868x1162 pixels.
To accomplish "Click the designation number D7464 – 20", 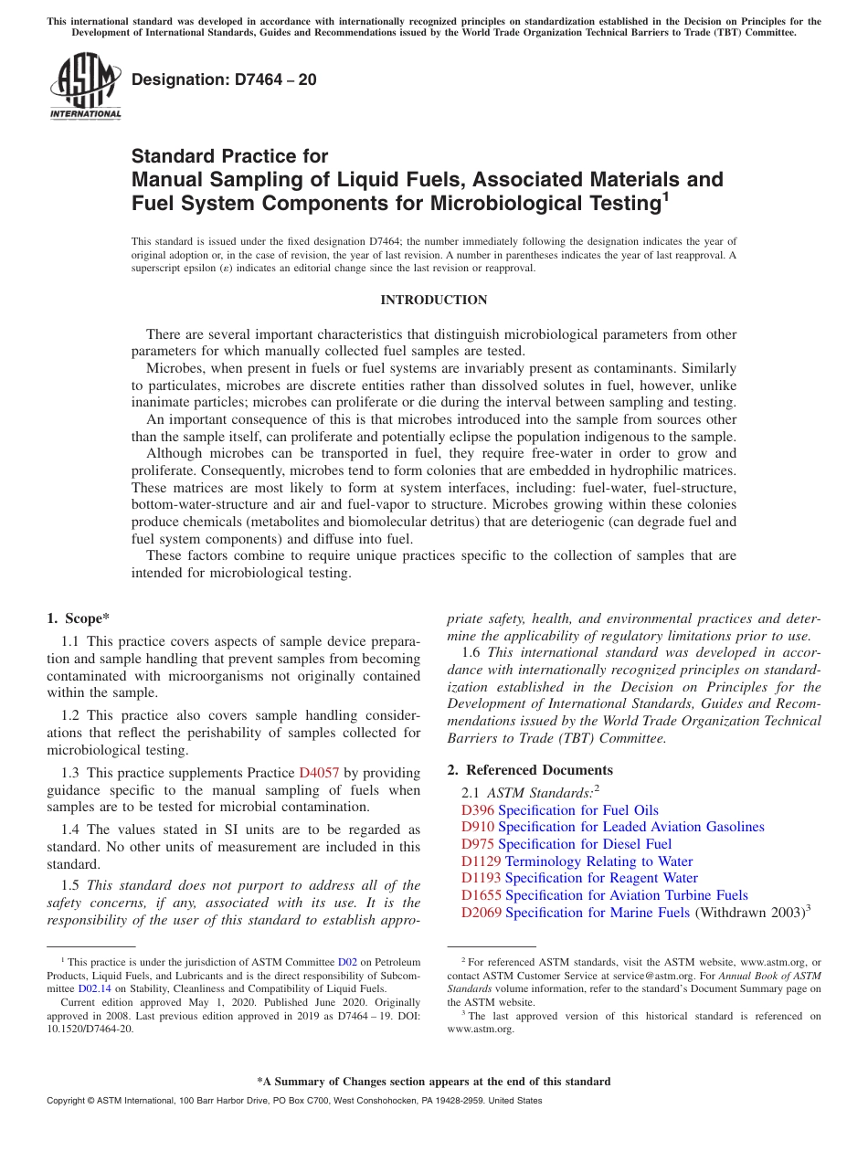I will [224, 79].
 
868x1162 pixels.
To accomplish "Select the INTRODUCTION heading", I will [433, 300].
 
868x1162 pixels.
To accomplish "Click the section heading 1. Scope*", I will [79, 618].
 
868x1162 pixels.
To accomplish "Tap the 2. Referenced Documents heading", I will [530, 770].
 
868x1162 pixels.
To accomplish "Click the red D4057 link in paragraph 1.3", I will [319, 773].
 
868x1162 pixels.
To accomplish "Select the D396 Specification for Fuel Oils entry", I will [559, 810].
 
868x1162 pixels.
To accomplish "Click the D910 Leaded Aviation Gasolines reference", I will [612, 827].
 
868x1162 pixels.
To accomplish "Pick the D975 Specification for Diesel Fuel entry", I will [566, 844].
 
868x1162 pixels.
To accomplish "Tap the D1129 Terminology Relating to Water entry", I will [577, 861].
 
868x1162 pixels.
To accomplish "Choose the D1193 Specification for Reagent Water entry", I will [579, 878].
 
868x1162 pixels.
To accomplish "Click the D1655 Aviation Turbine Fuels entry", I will [604, 895].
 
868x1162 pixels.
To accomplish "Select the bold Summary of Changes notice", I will [433, 1082].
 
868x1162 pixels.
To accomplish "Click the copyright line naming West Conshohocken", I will [293, 1101].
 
